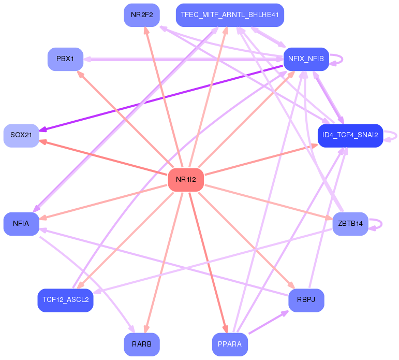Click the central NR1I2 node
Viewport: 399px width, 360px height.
[x=186, y=180]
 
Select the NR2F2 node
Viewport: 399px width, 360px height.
[x=141, y=15]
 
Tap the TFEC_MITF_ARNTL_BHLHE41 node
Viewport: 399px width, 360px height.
[x=230, y=15]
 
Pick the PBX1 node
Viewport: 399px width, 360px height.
[x=65, y=59]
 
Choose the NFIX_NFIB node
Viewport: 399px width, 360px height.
[x=305, y=59]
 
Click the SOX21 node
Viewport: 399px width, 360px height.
[x=21, y=135]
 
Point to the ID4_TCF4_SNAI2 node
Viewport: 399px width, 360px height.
[x=350, y=136]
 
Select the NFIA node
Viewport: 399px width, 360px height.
[x=21, y=224]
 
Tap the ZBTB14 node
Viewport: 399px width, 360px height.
[x=350, y=224]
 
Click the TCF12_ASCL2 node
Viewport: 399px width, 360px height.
[x=65, y=300]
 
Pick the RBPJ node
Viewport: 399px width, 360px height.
[x=306, y=300]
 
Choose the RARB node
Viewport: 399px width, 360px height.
[x=141, y=344]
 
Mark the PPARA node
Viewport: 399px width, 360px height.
[x=230, y=344]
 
